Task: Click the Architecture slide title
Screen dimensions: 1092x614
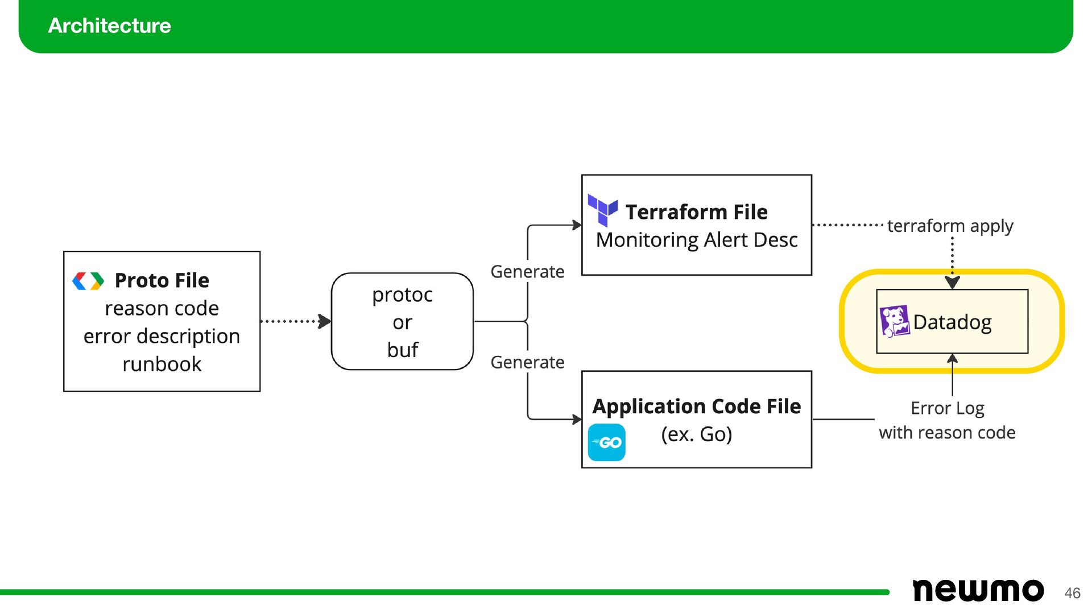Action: click(109, 26)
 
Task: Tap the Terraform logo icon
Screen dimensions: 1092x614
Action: click(603, 210)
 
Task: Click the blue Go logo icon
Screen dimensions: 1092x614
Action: click(606, 442)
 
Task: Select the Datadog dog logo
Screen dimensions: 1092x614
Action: click(895, 321)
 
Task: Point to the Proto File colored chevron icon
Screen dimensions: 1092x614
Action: click(88, 281)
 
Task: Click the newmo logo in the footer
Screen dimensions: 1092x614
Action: click(978, 590)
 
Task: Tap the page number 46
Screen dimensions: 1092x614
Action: click(1072, 593)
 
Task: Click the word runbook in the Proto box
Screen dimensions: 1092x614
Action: click(162, 364)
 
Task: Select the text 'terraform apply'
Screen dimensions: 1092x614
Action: click(950, 226)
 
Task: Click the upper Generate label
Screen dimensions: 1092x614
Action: click(527, 272)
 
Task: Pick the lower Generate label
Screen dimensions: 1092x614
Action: click(527, 362)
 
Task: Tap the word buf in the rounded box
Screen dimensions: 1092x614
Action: click(403, 350)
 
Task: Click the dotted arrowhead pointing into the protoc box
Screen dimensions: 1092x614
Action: click(325, 321)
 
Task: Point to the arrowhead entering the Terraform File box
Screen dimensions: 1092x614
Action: click(577, 225)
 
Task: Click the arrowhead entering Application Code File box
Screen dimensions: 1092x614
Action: click(577, 420)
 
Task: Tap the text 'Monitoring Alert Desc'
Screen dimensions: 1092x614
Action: click(697, 240)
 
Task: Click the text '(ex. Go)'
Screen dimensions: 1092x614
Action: click(697, 434)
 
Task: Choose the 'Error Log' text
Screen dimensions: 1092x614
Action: click(948, 408)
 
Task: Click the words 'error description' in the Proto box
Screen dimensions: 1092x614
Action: click(162, 336)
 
